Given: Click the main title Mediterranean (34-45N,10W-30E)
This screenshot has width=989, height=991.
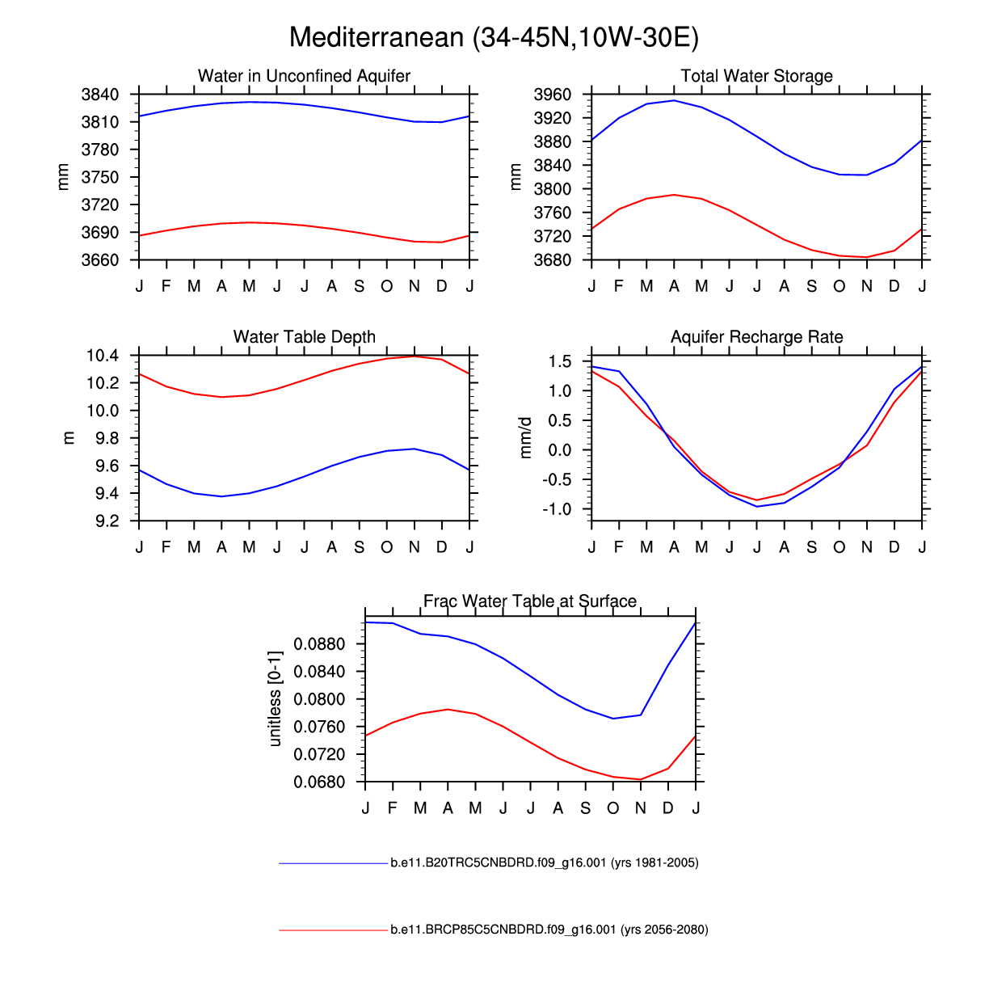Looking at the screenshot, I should point(494,37).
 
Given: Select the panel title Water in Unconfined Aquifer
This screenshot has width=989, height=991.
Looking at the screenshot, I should point(304,76).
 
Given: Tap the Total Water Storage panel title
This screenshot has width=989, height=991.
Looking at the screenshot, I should point(756,76).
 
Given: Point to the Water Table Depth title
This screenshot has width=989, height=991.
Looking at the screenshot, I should point(304,337).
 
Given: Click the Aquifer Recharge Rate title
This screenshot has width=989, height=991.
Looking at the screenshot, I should point(756,337).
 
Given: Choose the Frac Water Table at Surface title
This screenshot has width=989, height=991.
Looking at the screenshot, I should point(530,601).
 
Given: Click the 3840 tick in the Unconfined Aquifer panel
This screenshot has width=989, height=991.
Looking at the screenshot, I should point(100,95).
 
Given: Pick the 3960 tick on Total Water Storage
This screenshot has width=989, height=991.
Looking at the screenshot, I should point(553,95).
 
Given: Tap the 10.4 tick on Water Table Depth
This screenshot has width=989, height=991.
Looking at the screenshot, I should point(103,356).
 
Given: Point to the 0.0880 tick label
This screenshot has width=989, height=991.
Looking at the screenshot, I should point(319,644).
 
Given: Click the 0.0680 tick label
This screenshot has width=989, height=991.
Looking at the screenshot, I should point(319,782).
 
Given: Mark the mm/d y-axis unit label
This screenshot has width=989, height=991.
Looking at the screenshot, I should point(526,438).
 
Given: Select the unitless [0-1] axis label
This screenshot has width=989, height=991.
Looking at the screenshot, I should point(276,698).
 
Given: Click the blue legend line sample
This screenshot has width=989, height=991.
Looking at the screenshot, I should point(334,864).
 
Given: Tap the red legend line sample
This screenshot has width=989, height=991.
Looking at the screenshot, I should point(334,930).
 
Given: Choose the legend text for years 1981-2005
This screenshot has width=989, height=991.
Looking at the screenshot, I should point(544,863).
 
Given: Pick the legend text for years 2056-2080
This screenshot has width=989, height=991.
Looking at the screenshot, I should point(549,930).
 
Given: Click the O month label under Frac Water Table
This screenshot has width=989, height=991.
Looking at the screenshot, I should point(613,808).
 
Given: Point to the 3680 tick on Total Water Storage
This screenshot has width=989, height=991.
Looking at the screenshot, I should point(553,260).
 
